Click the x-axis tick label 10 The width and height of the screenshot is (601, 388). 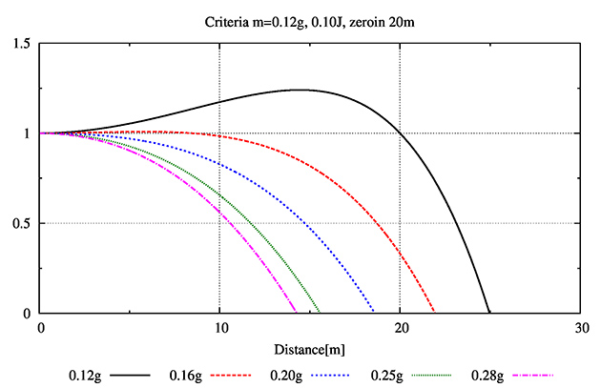219,327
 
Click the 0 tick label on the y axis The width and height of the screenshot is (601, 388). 28,314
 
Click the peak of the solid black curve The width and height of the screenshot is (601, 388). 299,90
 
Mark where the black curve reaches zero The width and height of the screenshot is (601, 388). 489,313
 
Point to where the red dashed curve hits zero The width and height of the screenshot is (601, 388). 435,313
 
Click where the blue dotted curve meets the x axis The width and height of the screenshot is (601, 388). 374,313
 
